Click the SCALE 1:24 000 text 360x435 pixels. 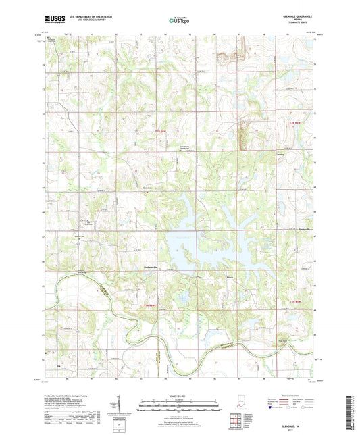click(x=179, y=396)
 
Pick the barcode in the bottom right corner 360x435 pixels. click(x=352, y=412)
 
